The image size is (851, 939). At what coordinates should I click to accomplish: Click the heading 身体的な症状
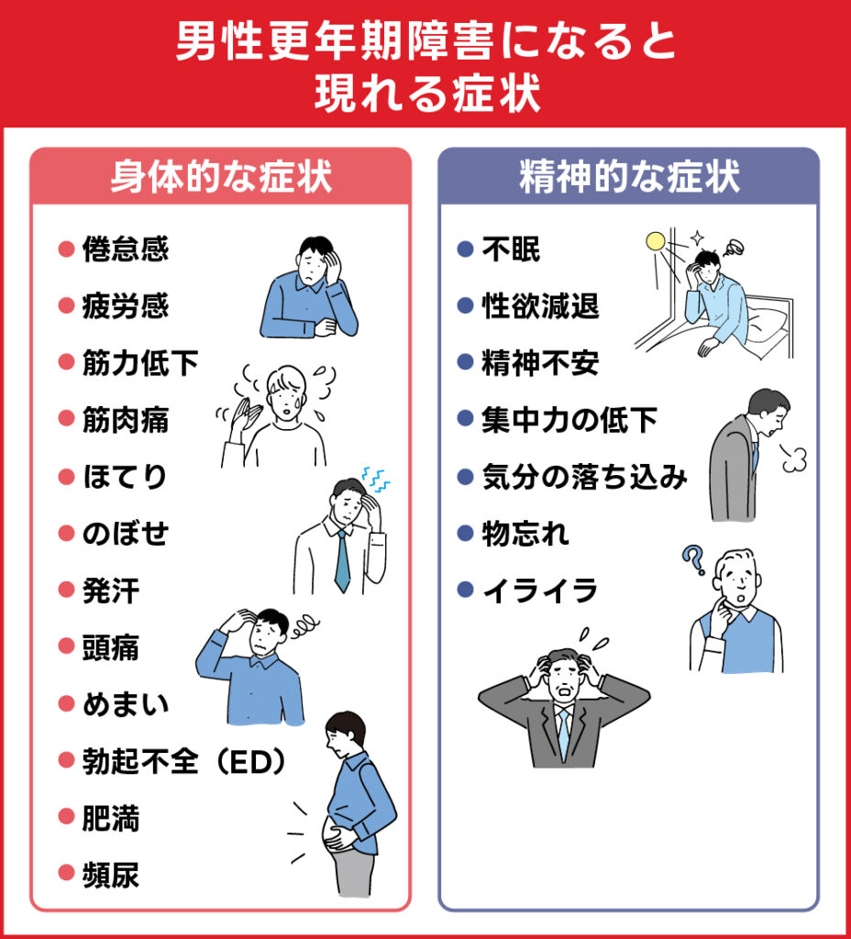click(220, 176)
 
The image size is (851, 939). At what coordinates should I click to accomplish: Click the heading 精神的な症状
click(629, 176)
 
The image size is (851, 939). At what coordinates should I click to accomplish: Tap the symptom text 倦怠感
click(126, 249)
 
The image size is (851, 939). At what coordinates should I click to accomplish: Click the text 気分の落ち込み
click(584, 477)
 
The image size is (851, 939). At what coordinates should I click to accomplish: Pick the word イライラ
click(540, 591)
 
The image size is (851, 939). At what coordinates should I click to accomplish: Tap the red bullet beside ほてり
click(65, 477)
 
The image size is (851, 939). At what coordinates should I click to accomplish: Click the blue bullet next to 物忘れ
click(465, 534)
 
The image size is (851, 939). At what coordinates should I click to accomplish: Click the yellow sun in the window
click(656, 242)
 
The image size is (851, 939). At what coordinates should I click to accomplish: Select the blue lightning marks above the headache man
click(375, 476)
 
